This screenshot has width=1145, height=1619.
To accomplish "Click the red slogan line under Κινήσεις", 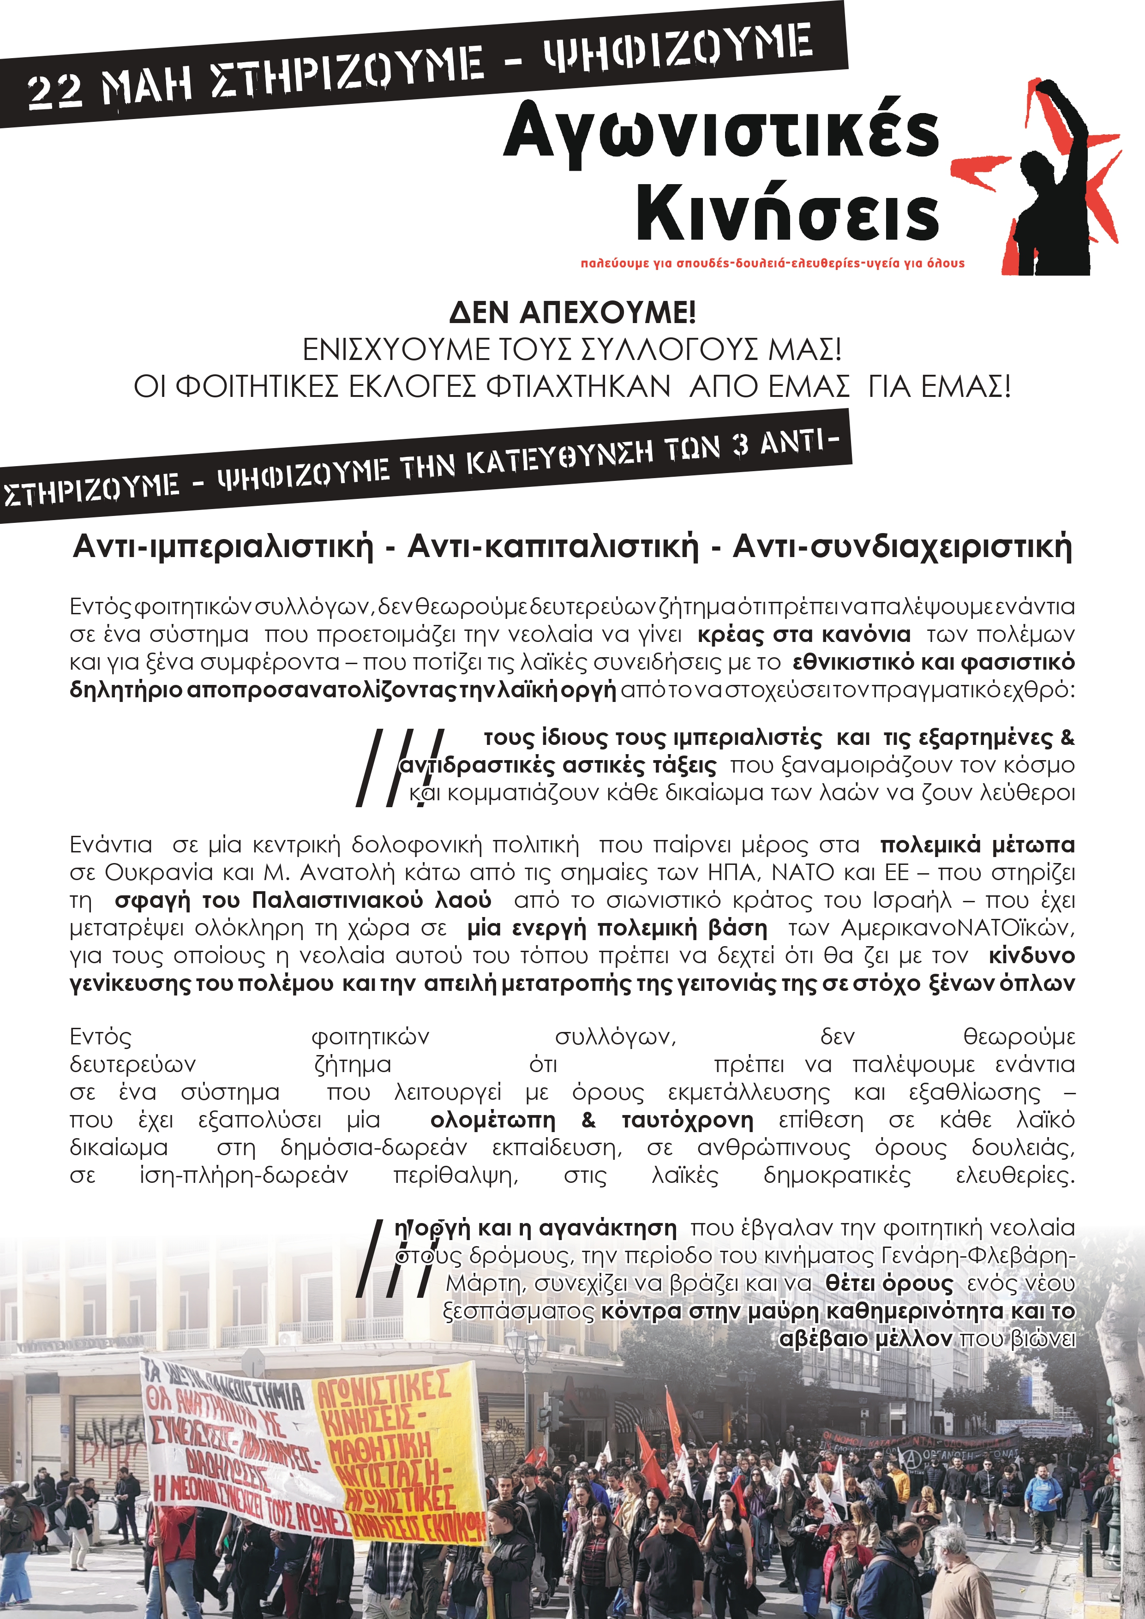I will [x=772, y=264].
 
